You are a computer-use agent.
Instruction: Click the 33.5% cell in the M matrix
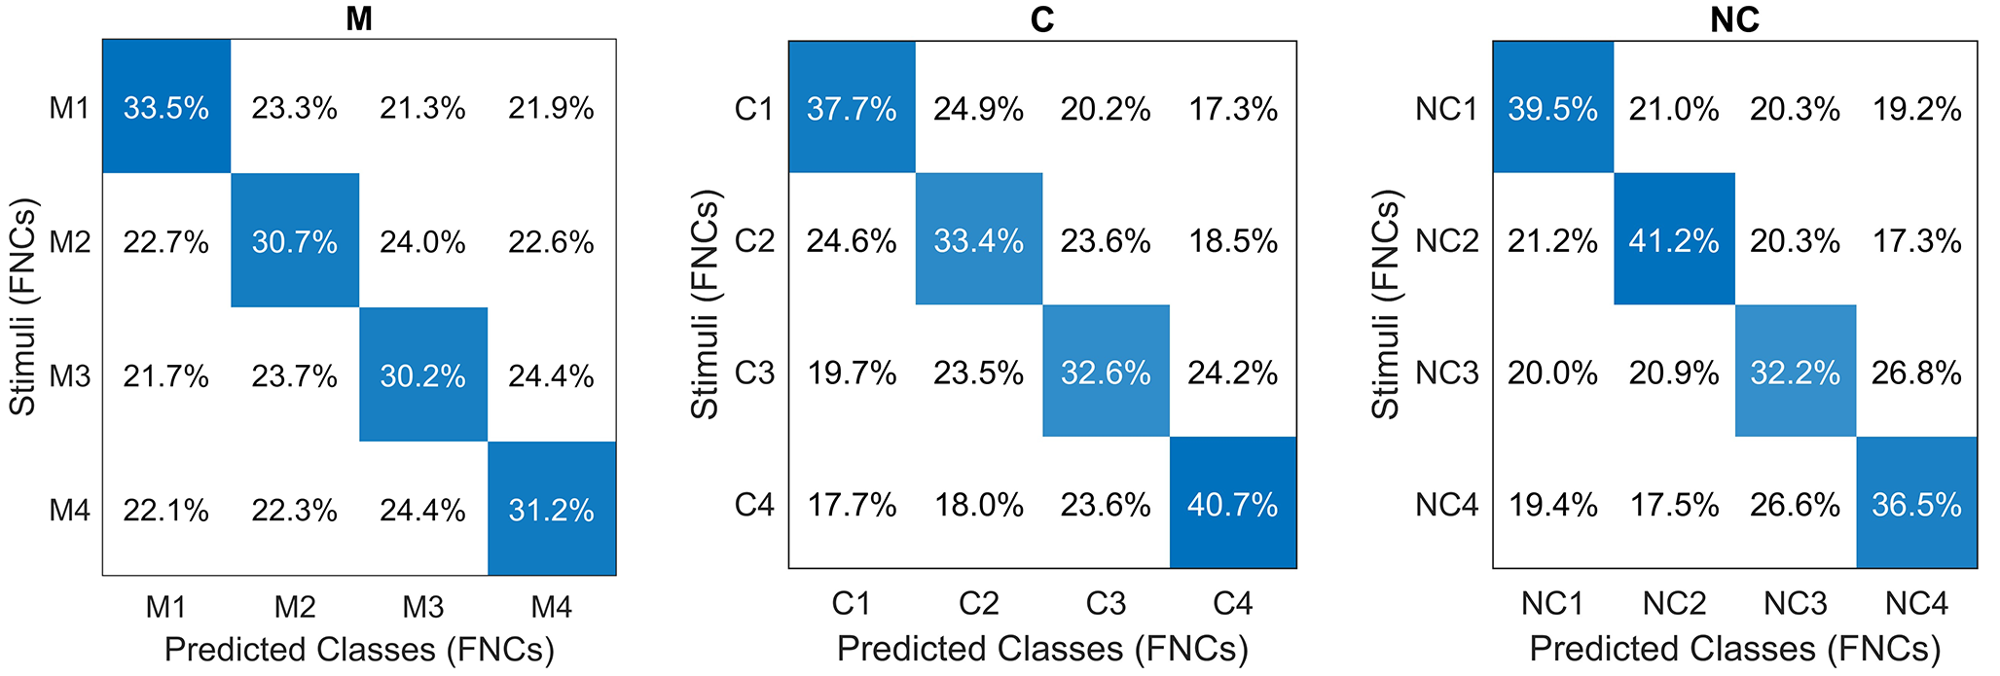166,107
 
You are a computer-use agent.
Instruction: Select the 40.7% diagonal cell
1233,503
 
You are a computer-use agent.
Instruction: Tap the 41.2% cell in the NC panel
1674,239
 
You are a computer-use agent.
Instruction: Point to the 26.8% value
1916,373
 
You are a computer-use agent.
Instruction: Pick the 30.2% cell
423,374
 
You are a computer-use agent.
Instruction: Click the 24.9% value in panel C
978,109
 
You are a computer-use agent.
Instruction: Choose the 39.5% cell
1553,108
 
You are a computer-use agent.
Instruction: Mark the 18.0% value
978,504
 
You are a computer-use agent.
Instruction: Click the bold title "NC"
1734,19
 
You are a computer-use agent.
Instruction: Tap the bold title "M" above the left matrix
359,18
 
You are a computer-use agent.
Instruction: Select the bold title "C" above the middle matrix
1042,19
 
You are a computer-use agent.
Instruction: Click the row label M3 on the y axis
70,375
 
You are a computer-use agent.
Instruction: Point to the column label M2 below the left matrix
295,607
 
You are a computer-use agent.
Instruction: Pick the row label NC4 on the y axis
1447,504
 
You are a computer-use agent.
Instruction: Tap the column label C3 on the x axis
1106,604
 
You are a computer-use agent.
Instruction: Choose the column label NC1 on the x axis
1553,604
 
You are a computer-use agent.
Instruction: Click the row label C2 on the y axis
754,240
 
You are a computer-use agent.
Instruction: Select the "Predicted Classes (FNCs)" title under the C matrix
1042,648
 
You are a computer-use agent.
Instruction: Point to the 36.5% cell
1916,503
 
